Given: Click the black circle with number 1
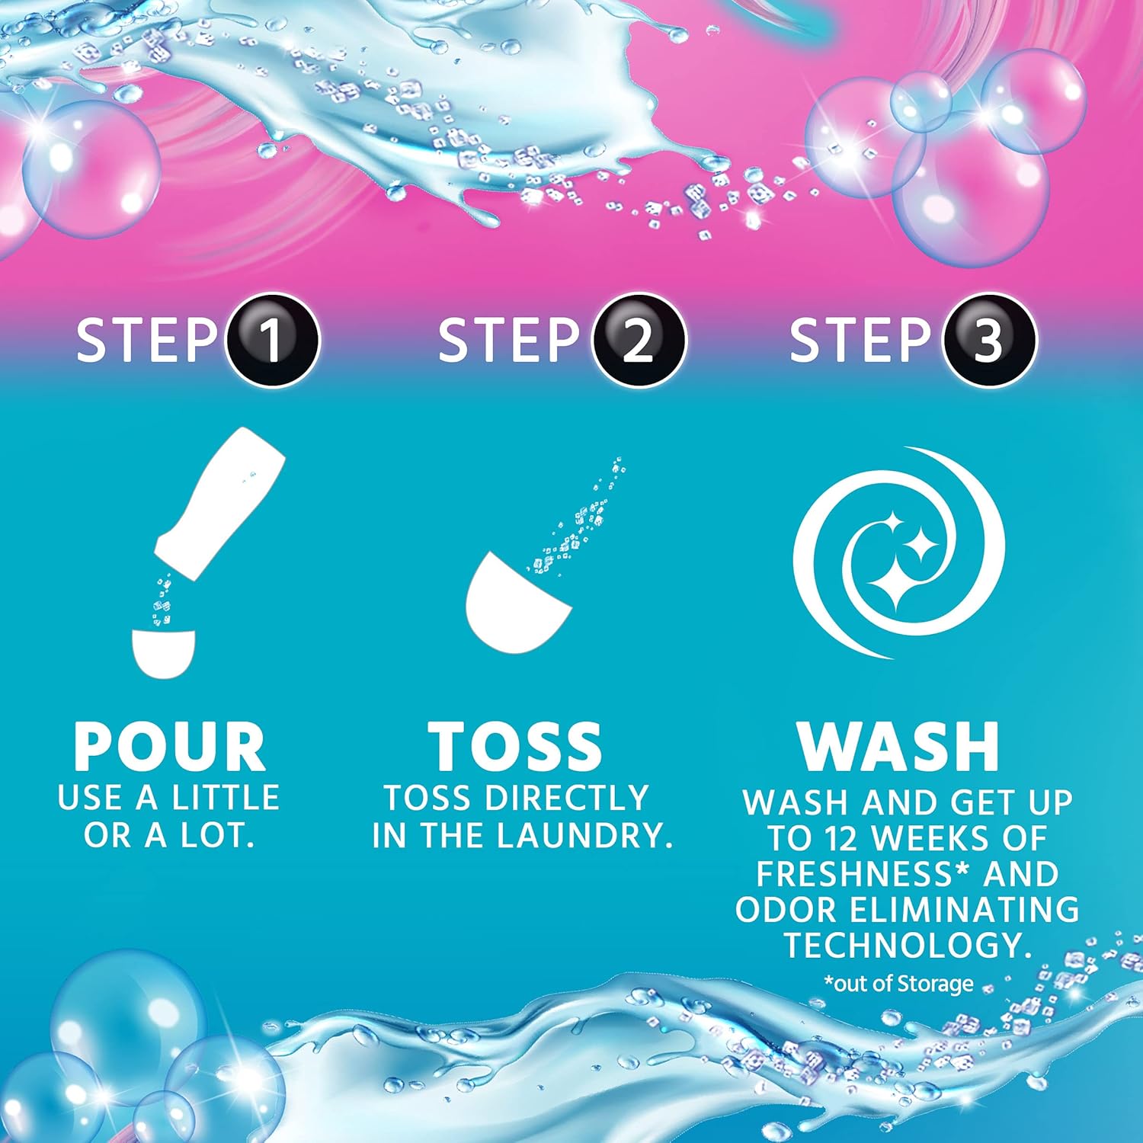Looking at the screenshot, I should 272,341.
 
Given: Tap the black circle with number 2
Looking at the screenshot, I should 639,341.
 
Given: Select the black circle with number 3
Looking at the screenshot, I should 989,341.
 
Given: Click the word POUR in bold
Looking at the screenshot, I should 169,747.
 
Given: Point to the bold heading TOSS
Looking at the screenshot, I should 515,747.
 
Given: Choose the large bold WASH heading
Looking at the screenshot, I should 898,747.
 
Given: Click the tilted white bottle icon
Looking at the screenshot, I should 219,496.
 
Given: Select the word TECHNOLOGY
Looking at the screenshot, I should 908,946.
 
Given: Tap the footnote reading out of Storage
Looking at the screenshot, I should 899,984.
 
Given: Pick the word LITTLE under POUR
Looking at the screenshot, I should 226,798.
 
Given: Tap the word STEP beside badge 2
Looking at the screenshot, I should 508,341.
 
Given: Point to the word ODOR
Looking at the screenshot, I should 786,910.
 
